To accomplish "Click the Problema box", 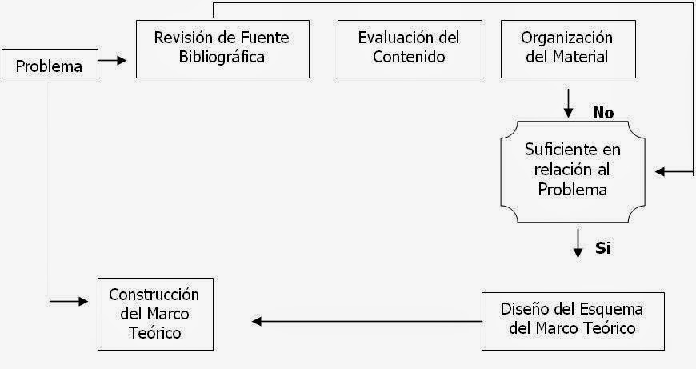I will tap(50, 66).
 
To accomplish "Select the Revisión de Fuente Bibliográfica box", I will tap(222, 48).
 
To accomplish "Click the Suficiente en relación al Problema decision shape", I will tap(572, 170).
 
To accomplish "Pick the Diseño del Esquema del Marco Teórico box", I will tap(572, 319).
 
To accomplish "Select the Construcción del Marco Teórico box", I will tap(154, 313).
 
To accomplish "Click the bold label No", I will tap(602, 113).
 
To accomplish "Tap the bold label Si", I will tap(603, 247).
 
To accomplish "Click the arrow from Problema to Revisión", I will tap(113, 60).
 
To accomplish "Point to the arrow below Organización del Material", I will tap(568, 102).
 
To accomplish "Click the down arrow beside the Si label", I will tap(578, 243).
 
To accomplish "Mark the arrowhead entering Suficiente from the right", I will tap(661, 171).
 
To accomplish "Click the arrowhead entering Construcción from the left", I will tap(83, 302).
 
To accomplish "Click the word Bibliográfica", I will tap(222, 57).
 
